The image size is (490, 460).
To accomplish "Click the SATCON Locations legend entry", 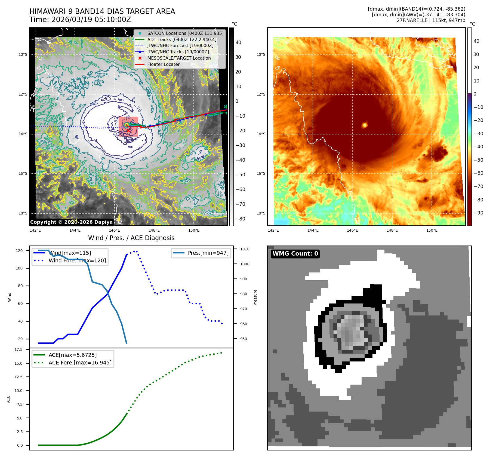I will click(185, 33).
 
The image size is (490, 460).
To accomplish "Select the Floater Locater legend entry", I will click(163, 65).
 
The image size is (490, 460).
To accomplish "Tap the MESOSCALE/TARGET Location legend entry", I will click(179, 58).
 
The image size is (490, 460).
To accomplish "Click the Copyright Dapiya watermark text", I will click(71, 222).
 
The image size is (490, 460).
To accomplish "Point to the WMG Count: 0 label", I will click(295, 254).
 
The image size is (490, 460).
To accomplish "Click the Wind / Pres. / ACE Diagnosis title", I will click(131, 238).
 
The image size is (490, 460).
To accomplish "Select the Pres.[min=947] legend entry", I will click(208, 253).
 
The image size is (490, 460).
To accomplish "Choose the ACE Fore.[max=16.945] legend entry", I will click(80, 363).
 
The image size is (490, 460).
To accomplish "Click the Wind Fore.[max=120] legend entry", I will click(77, 260).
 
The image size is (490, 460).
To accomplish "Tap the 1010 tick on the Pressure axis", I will click(245, 249).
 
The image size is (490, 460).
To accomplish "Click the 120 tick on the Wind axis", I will click(19, 251).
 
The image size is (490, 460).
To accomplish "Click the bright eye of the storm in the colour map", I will click(365, 125).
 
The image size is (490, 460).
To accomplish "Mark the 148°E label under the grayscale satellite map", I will click(154, 230).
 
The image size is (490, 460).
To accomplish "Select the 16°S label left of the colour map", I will click(261, 173).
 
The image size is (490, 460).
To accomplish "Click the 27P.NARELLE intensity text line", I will click(431, 20).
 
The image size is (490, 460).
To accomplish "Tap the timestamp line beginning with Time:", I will click(80, 20).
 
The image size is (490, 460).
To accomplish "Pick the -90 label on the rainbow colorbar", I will click(478, 213).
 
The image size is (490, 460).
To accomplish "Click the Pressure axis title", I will click(255, 297).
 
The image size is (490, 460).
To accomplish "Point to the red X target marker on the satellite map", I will click(128, 131).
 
